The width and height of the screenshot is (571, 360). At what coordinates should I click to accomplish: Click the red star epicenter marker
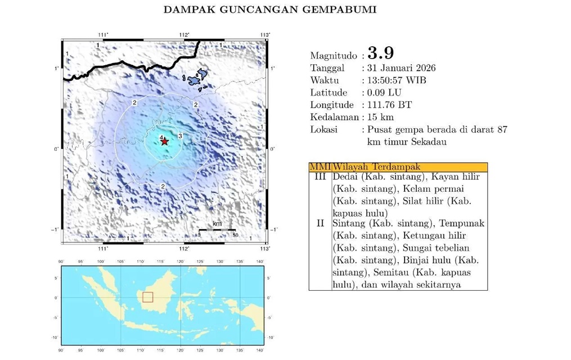164,142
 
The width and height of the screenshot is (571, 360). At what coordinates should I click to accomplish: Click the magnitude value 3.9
381,53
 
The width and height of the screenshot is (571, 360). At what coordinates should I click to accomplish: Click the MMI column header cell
320,167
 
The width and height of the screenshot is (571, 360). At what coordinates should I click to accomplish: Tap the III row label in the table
320,177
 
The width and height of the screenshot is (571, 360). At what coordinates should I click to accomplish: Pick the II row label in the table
320,223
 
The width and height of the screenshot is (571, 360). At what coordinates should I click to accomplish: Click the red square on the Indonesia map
147,297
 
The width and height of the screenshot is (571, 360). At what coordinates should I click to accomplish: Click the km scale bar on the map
217,229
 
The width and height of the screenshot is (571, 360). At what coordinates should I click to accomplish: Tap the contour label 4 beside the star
161,138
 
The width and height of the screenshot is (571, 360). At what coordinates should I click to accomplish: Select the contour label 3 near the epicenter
179,136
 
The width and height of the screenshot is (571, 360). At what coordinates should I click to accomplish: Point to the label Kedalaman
334,118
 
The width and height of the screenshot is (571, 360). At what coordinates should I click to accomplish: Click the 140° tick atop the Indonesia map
260,262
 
